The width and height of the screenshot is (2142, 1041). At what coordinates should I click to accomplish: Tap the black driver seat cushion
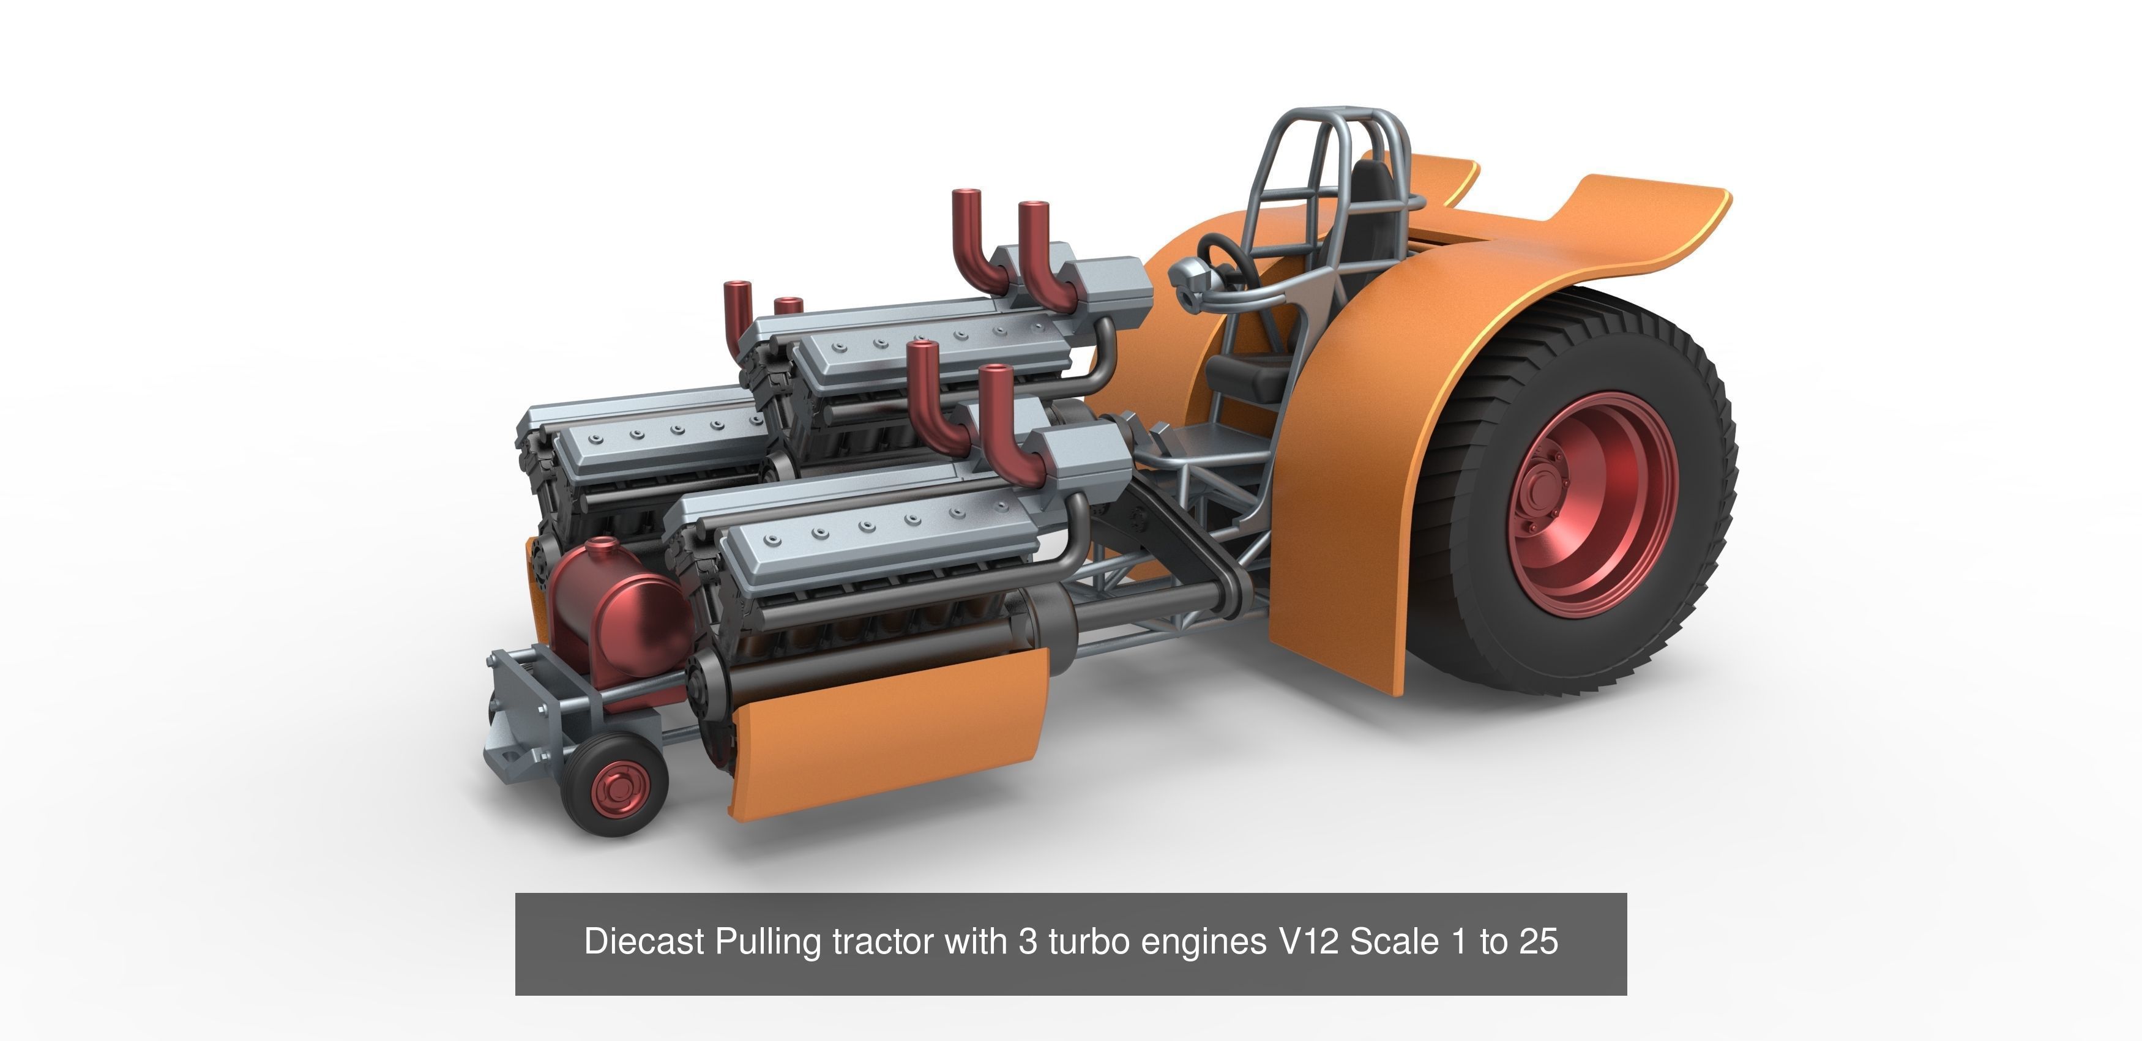click(x=1247, y=378)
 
